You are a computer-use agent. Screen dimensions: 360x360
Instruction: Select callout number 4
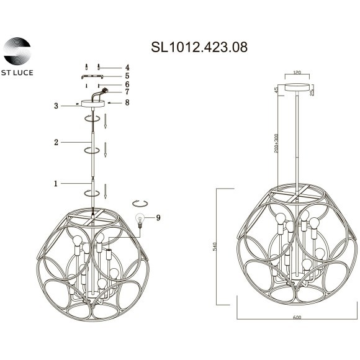[x=127, y=67]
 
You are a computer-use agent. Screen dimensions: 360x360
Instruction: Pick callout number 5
[x=127, y=76]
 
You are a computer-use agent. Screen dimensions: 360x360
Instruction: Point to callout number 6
[x=127, y=84]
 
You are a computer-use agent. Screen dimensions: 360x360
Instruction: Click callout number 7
[x=127, y=92]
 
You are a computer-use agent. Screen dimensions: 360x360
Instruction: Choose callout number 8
[x=127, y=102]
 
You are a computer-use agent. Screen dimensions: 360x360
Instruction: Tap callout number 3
[x=56, y=106]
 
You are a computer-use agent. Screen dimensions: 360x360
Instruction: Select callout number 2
[x=56, y=143]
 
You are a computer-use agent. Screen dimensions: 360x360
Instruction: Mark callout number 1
[x=56, y=184]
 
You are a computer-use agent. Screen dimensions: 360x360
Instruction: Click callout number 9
[x=159, y=218]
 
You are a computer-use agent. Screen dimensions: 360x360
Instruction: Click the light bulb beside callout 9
[x=140, y=218]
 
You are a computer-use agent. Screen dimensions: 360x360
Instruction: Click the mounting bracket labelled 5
[x=94, y=76]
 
